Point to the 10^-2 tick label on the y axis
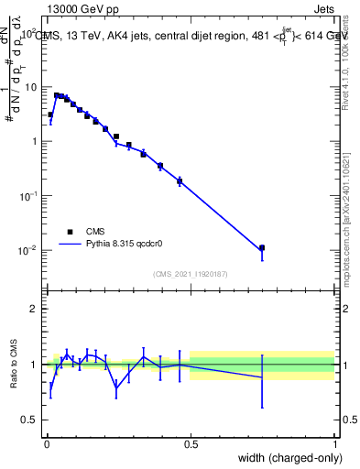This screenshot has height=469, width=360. (30, 251)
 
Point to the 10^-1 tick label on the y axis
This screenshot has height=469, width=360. (30, 196)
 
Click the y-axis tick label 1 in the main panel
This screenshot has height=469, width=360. (35, 141)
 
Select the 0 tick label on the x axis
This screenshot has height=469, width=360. (46, 444)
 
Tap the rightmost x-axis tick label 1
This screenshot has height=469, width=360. (334, 444)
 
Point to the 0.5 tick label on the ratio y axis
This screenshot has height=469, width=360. (31, 420)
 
